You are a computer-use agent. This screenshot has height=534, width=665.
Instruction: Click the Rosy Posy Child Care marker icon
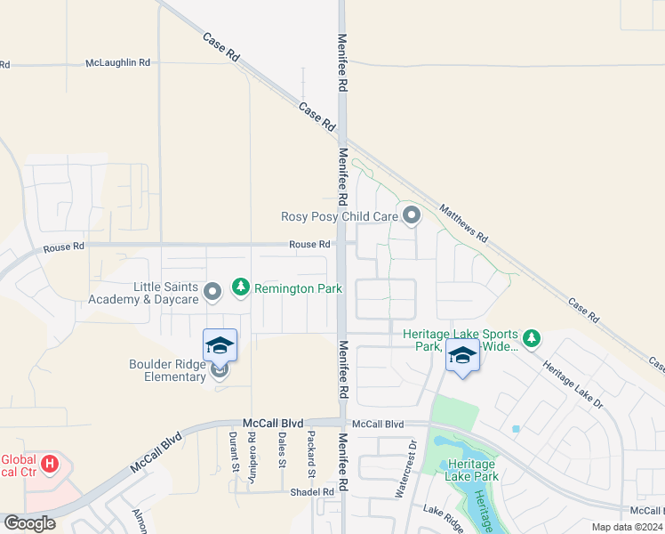(x=411, y=215)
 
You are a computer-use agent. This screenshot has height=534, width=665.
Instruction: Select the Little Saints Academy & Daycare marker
(x=212, y=292)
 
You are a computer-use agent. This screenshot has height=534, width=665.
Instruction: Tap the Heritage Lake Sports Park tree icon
(x=532, y=338)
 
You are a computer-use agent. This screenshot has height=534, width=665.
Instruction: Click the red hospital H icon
(x=51, y=464)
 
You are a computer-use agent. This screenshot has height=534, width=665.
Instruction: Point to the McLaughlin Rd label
(x=118, y=63)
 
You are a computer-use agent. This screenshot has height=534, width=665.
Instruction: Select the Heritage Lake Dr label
(x=573, y=384)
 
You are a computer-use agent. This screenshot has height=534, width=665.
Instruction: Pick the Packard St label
(x=310, y=450)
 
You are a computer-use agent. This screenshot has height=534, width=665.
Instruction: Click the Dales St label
(x=281, y=450)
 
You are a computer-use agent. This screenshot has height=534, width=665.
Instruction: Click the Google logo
(x=29, y=523)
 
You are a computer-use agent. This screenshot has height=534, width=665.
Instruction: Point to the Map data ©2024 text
(x=627, y=527)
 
